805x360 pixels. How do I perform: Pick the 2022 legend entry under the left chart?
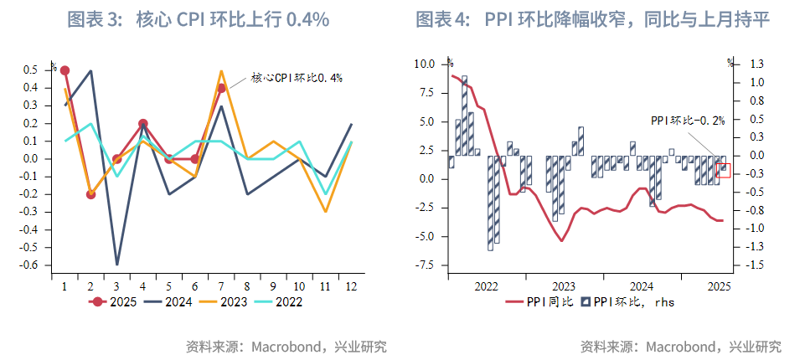[x=287, y=301]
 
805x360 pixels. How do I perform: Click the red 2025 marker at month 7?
[x=221, y=88]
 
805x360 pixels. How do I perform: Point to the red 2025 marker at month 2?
[x=90, y=194]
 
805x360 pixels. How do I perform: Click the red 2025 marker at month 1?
[x=65, y=70]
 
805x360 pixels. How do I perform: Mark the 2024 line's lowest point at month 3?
[x=117, y=265]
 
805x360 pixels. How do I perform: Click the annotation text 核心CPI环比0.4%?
[x=297, y=78]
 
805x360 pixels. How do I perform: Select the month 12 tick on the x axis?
[x=351, y=285]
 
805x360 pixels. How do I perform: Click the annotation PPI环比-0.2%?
[x=687, y=121]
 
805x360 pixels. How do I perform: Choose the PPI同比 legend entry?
[x=541, y=302]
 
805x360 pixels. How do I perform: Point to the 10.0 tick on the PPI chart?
[x=425, y=64]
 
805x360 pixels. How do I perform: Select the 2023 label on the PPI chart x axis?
[x=564, y=285]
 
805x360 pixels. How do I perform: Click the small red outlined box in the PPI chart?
[x=725, y=170]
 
